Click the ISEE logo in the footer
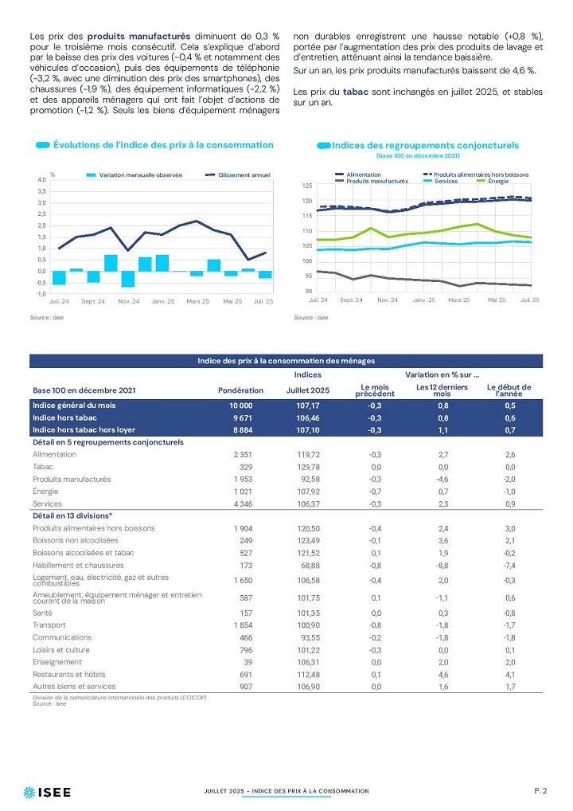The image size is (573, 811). (47, 792)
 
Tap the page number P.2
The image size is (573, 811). (540, 790)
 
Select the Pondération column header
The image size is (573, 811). (241, 390)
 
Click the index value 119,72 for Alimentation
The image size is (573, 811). (309, 455)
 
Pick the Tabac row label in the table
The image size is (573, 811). (43, 467)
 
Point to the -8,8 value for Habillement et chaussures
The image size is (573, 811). (442, 566)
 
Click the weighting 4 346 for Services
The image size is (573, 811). (243, 503)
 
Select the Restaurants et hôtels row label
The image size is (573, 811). (68, 675)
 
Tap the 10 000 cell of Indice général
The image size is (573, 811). (241, 405)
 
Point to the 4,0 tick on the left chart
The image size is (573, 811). (42, 179)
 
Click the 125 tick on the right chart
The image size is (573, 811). (307, 186)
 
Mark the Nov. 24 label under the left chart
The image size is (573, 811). (129, 301)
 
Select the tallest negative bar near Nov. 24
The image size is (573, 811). (127, 279)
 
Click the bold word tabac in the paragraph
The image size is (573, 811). (356, 92)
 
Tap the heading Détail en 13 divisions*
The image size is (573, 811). (72, 515)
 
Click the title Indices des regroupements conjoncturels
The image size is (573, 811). (425, 145)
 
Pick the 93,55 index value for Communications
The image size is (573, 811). (309, 638)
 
